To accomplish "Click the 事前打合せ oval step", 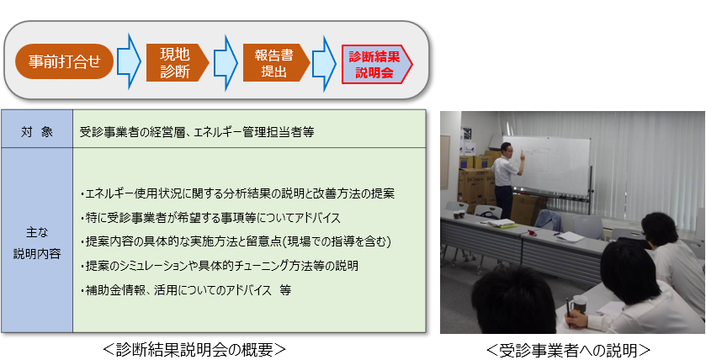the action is pyautogui.click(x=64, y=61).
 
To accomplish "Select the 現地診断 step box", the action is pyautogui.click(x=177, y=62).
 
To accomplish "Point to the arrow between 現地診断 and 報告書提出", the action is pyautogui.click(x=226, y=61).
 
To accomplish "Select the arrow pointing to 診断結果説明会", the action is pyautogui.click(x=324, y=61).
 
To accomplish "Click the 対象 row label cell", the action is pyautogui.click(x=37, y=132).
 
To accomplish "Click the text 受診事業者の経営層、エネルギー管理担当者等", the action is pyautogui.click(x=196, y=132).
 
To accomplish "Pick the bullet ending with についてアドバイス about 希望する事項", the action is pyautogui.click(x=210, y=218).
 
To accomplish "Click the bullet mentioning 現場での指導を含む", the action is pyautogui.click(x=236, y=242).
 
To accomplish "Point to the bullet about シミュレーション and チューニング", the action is pyautogui.click(x=220, y=266).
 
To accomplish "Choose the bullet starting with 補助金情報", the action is pyautogui.click(x=186, y=290).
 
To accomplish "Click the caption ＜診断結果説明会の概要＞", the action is pyautogui.click(x=195, y=349).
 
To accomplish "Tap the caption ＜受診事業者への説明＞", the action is pyautogui.click(x=569, y=349).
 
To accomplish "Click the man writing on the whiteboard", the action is pyautogui.click(x=506, y=180).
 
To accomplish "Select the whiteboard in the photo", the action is pyautogui.click(x=546, y=166).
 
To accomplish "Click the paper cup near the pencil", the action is pyautogui.click(x=580, y=304).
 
